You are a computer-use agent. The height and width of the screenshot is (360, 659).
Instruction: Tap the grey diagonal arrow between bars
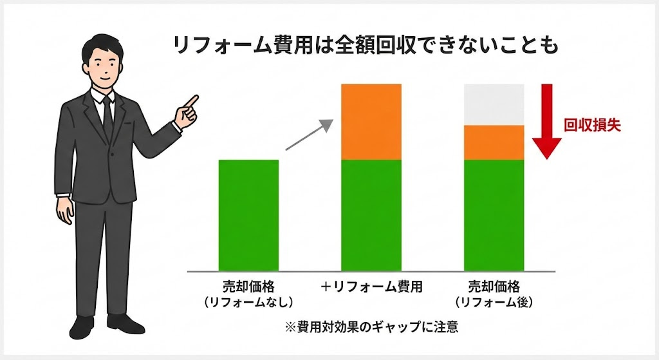pyautogui.click(x=310, y=135)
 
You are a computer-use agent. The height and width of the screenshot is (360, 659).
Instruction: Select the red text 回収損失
pyautogui.click(x=592, y=126)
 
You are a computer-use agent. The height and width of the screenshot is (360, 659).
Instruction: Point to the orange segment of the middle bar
pyautogui.click(x=371, y=122)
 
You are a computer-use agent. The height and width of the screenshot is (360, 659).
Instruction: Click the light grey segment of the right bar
pyautogui.click(x=494, y=104)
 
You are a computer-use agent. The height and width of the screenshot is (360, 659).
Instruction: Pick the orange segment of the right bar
pyautogui.click(x=494, y=142)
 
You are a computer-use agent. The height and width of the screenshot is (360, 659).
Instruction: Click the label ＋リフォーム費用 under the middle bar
pyautogui.click(x=371, y=287)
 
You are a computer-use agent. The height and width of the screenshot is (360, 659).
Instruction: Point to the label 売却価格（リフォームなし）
pyautogui.click(x=248, y=294)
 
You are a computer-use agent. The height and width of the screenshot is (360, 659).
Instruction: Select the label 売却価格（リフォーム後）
pyautogui.click(x=494, y=294)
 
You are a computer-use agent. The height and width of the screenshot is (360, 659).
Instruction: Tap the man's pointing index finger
pyautogui.click(x=192, y=100)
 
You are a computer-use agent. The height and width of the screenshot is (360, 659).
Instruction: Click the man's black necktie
pyautogui.click(x=107, y=116)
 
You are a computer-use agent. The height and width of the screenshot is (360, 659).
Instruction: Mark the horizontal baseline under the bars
pyautogui.click(x=371, y=272)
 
